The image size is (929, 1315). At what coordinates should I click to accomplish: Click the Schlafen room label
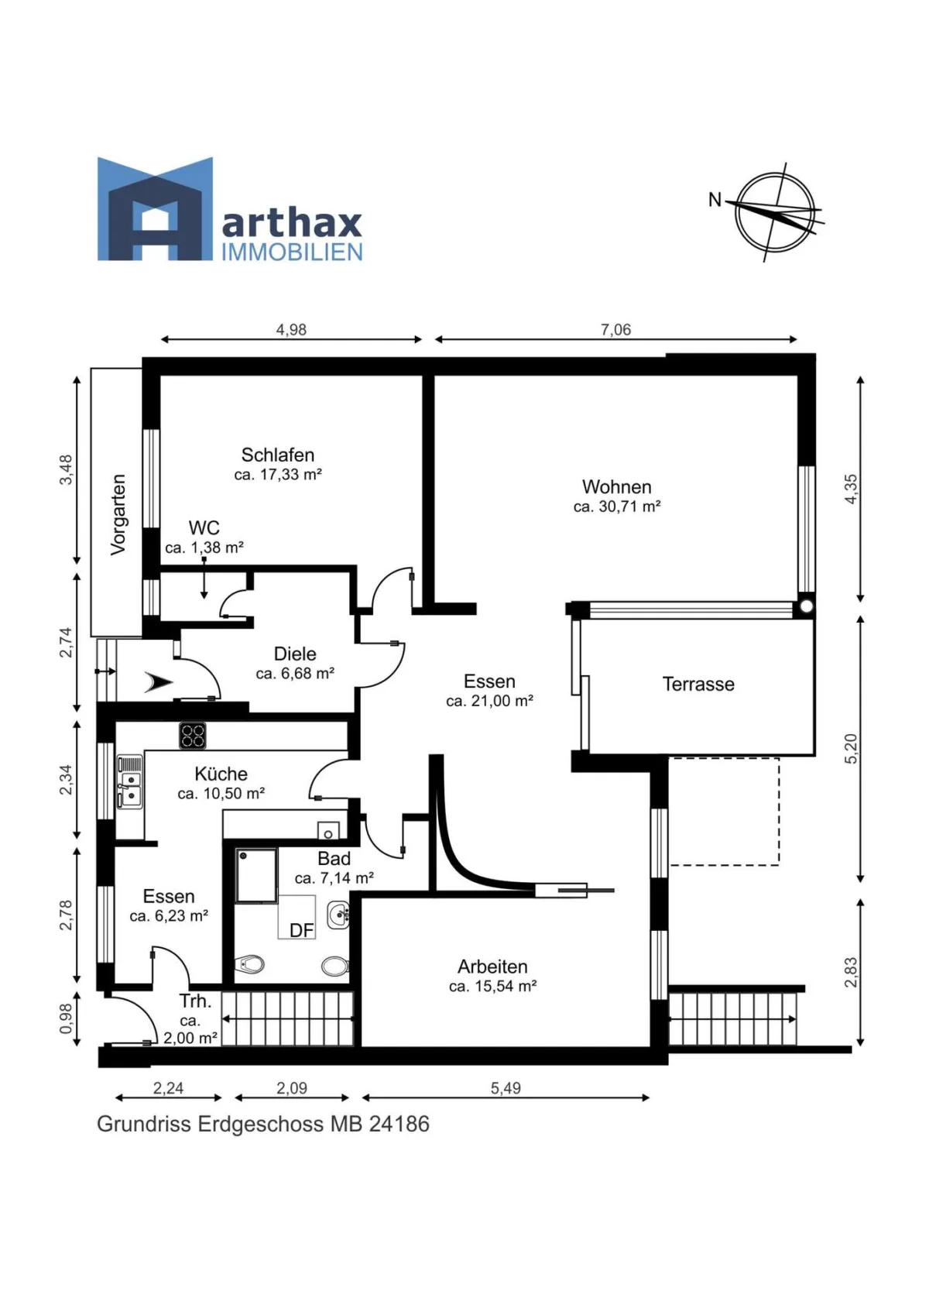point(278,455)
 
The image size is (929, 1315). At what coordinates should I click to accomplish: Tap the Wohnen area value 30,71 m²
point(617,506)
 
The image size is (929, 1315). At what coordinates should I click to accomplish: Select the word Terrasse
point(698,684)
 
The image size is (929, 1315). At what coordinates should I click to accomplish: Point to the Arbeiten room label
point(492,967)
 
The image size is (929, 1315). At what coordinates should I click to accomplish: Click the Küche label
point(221,774)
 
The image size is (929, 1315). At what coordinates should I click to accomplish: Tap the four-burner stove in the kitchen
point(193,736)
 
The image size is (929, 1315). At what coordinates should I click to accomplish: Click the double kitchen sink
point(130,782)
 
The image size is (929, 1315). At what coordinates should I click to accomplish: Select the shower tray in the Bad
point(256,875)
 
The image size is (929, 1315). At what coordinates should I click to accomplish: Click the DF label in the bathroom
point(302,930)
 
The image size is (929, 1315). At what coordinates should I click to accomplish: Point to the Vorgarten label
point(118,515)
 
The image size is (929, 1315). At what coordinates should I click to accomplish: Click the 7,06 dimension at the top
point(615,329)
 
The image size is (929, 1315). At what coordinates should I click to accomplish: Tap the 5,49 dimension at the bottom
point(506,1088)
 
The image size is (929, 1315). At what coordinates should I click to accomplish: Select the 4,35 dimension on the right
point(850,489)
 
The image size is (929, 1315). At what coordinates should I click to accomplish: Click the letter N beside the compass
point(715,200)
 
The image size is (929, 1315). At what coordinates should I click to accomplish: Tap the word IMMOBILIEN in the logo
point(292,252)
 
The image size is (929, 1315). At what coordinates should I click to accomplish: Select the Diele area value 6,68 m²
point(295,673)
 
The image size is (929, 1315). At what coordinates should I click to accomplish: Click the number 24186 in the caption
point(399,1124)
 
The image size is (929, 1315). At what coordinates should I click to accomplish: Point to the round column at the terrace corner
point(807,606)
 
